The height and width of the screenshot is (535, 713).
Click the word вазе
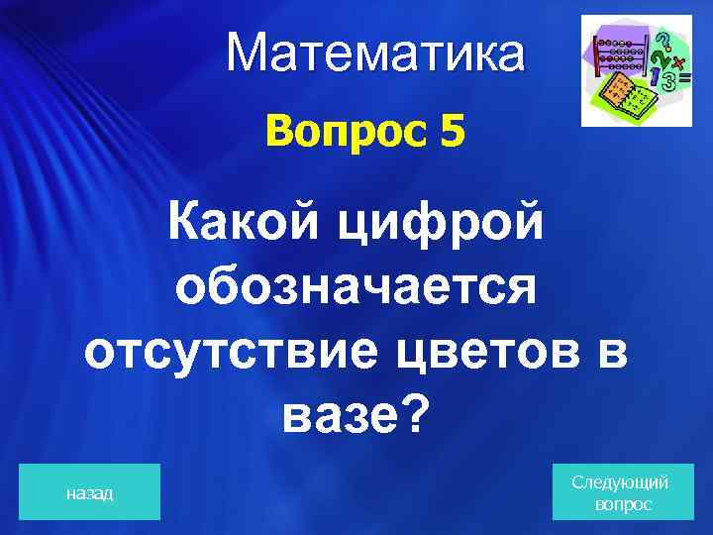332,416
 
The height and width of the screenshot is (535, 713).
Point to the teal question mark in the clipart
666,40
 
